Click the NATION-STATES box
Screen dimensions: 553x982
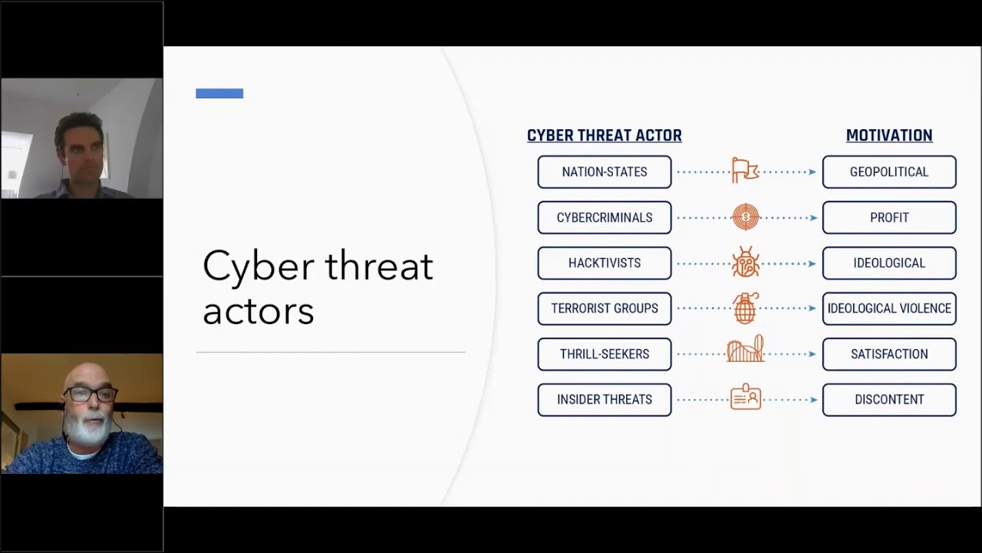point(605,172)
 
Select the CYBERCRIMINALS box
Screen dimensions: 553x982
point(605,217)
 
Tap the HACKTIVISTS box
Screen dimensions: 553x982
point(605,263)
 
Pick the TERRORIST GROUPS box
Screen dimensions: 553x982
point(605,308)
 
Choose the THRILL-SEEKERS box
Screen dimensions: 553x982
point(605,354)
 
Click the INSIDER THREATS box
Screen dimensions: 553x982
point(605,399)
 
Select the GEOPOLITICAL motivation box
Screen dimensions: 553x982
point(889,172)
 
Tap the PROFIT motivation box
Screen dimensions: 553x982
point(889,217)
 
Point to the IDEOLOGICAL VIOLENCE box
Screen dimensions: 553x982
point(889,308)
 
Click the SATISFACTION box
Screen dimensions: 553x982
point(889,354)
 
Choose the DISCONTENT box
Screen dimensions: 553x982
point(889,399)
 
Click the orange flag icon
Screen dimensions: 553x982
point(744,171)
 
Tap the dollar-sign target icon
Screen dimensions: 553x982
point(745,217)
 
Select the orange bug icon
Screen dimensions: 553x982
point(745,263)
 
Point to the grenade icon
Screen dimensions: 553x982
point(745,308)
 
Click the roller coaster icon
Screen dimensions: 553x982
point(746,349)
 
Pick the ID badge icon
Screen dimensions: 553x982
point(746,398)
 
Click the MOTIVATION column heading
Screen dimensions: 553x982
point(889,135)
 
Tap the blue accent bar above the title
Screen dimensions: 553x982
point(219,94)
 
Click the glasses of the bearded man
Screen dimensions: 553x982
point(91,394)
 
